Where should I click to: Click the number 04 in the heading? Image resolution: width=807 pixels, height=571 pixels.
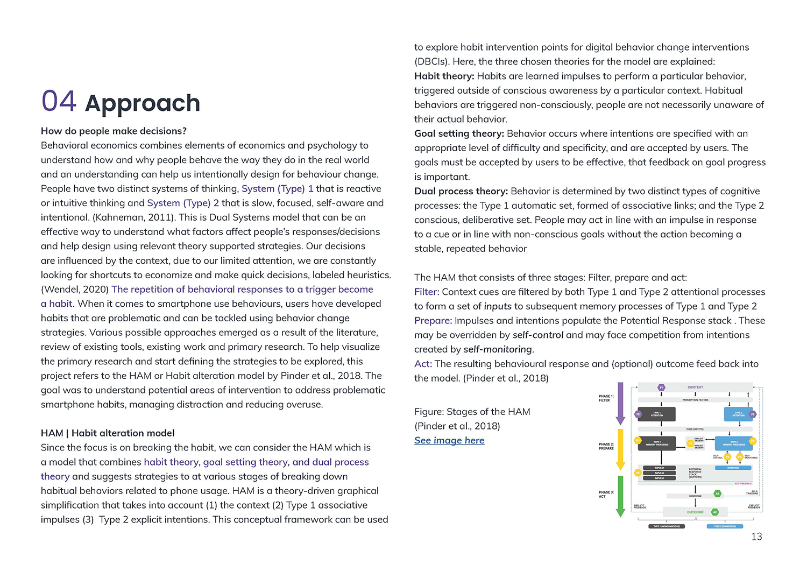(x=59, y=102)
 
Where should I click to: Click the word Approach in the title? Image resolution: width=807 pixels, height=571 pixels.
(x=143, y=103)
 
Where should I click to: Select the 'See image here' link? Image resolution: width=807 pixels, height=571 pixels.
(x=449, y=440)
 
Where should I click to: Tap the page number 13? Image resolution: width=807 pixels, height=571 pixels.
(x=756, y=537)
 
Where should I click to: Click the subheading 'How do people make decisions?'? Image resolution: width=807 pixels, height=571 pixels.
(x=114, y=131)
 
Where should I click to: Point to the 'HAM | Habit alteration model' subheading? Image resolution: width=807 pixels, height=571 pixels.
(x=108, y=433)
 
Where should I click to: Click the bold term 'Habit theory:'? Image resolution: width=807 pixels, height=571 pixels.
(x=444, y=76)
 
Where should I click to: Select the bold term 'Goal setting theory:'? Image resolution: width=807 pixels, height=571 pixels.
(x=459, y=133)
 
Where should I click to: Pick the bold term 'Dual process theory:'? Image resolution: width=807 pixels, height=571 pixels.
(x=461, y=191)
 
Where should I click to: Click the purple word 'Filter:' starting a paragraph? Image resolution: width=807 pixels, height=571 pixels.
(x=427, y=292)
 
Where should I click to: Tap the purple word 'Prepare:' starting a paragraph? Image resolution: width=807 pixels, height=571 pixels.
(x=433, y=321)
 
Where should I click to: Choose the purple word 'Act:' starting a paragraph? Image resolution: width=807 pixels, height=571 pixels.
(x=423, y=364)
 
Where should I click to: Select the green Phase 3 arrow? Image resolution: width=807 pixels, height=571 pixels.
(x=620, y=495)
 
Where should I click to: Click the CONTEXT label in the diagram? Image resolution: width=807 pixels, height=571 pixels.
(x=695, y=387)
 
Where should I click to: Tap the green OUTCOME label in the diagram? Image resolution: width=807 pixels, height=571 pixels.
(x=695, y=512)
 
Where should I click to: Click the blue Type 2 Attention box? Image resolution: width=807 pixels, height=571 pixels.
(x=738, y=414)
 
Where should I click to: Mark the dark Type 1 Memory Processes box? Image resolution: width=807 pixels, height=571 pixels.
(x=657, y=444)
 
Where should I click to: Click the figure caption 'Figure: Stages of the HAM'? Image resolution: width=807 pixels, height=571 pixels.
(x=472, y=412)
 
